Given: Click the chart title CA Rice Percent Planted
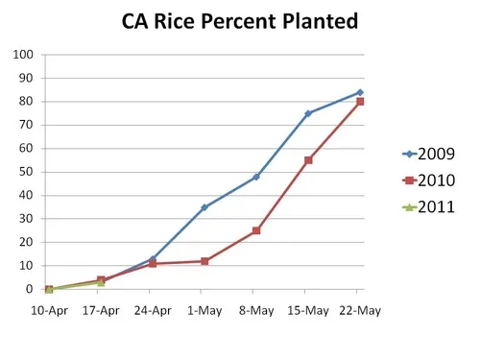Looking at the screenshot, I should coord(240,20).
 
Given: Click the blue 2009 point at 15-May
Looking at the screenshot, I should coord(308,113).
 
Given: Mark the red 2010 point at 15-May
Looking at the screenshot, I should coord(308,160).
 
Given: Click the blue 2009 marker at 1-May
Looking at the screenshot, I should coord(204,207).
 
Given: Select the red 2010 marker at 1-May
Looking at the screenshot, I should coord(204,261).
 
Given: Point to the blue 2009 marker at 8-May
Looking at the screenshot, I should coord(256,177).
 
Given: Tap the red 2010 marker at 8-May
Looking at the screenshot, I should coord(256,230).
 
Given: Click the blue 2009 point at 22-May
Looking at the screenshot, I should coord(360,92).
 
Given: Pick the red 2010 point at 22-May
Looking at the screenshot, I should coord(360,102).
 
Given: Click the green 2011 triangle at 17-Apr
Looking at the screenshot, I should coord(101,282).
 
